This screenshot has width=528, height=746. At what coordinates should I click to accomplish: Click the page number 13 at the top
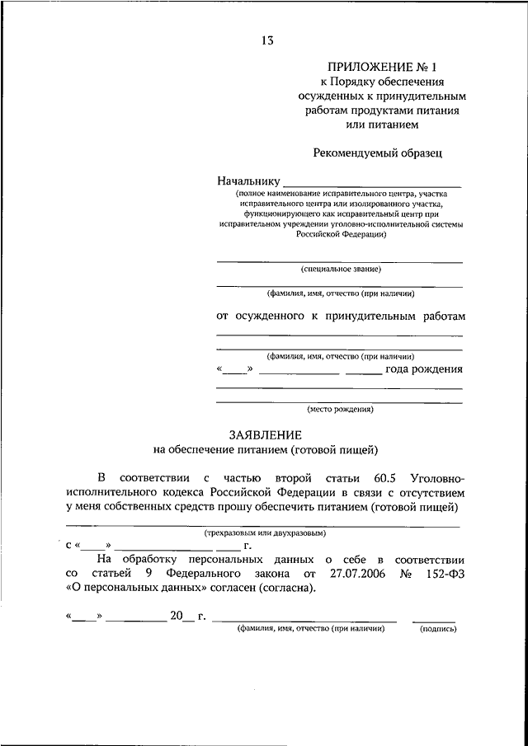click(266, 40)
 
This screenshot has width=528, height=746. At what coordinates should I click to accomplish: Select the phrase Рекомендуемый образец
click(379, 152)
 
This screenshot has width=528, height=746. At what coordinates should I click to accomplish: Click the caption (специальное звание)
click(340, 269)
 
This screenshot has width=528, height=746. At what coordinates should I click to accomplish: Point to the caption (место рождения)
click(340, 409)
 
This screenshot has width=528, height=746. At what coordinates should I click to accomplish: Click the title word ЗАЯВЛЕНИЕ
click(265, 434)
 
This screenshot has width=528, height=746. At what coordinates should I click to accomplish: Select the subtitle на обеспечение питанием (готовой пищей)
click(266, 450)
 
